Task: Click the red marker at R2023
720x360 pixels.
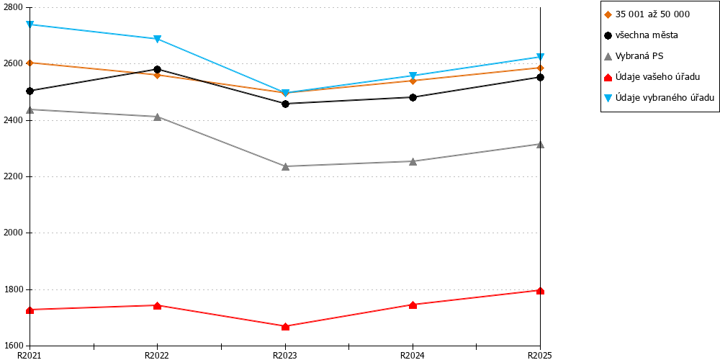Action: pyautogui.click(x=285, y=326)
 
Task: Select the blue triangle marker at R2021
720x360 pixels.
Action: pyautogui.click(x=30, y=24)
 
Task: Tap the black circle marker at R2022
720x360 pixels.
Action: pyautogui.click(x=158, y=69)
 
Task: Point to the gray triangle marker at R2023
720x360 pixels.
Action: pyautogui.click(x=285, y=166)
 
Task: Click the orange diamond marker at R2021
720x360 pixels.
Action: pyautogui.click(x=30, y=63)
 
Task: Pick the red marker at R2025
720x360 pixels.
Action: pyautogui.click(x=541, y=290)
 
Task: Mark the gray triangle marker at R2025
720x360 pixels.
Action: pyautogui.click(x=541, y=144)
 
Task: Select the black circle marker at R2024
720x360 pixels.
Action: pyautogui.click(x=413, y=97)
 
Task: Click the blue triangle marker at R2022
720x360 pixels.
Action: pyautogui.click(x=158, y=39)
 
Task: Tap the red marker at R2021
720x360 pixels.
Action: pyautogui.click(x=30, y=310)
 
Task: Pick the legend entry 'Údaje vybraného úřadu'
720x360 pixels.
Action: pyautogui.click(x=659, y=97)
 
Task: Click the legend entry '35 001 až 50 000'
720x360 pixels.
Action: pyautogui.click(x=647, y=14)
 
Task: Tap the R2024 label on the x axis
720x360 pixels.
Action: pyautogui.click(x=413, y=355)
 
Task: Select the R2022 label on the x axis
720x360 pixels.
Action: pyautogui.click(x=158, y=355)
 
